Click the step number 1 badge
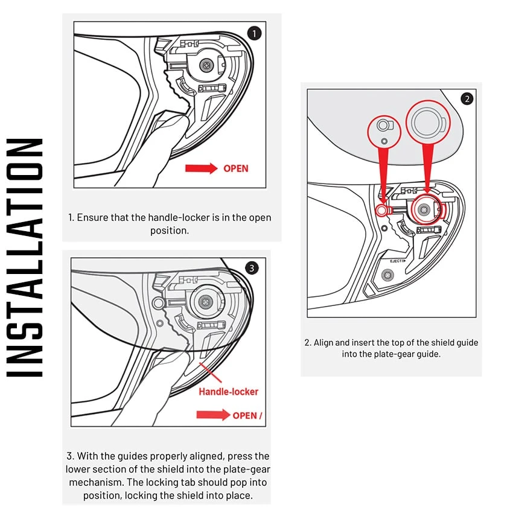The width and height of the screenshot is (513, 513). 255,33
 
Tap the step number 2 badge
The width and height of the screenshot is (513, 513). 467,98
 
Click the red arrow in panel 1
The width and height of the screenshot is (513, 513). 201,168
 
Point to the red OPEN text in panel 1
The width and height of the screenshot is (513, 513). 235,168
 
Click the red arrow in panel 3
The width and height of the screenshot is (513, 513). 213,415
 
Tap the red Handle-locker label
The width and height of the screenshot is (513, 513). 228,392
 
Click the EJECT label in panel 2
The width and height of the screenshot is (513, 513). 397,261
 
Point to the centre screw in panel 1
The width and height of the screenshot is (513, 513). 207,63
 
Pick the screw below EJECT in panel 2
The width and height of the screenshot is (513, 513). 388,275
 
